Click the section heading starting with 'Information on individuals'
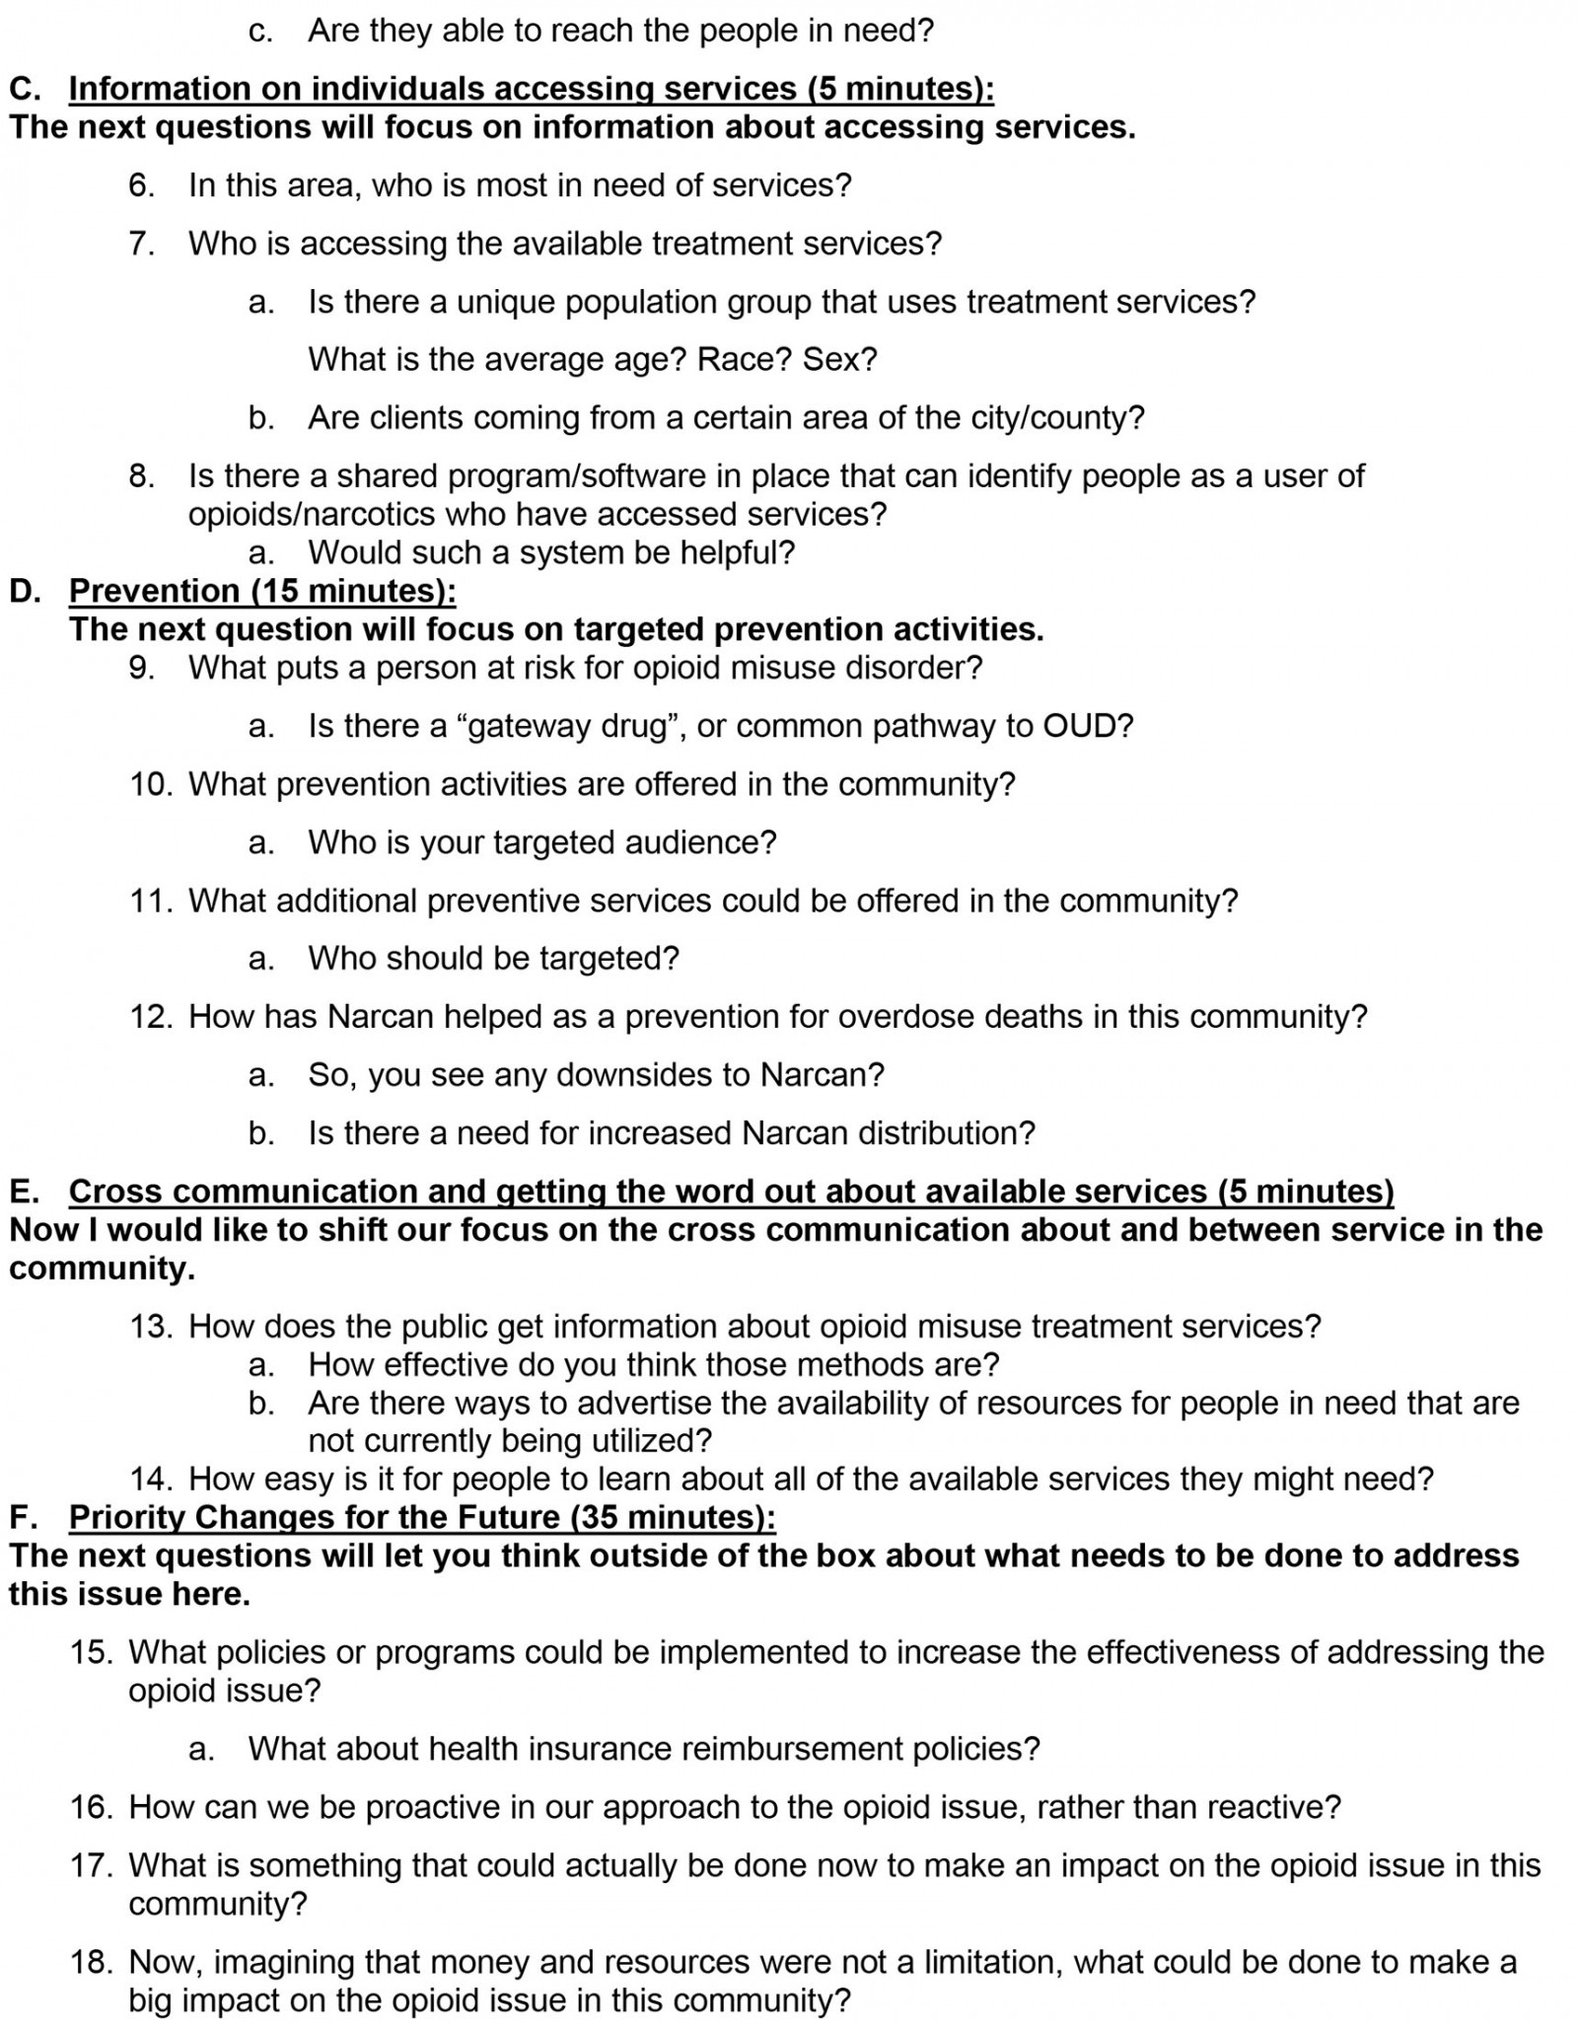pos(531,89)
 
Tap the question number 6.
pos(141,185)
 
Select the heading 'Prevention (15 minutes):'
pos(262,591)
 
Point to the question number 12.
pos(151,1017)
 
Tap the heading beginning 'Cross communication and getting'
pos(731,1192)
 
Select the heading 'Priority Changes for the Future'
pos(422,1517)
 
